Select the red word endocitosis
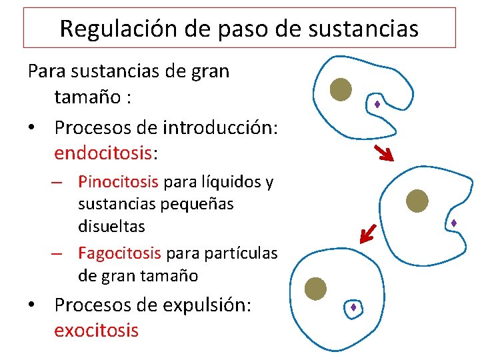(x=103, y=153)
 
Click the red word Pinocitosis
(x=118, y=181)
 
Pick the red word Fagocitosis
(x=119, y=253)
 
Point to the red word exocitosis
(x=96, y=329)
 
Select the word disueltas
(x=111, y=226)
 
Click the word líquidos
(x=225, y=181)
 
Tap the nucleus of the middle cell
(x=417, y=199)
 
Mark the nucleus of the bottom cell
(x=315, y=289)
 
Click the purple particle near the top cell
(x=377, y=104)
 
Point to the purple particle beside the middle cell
(x=453, y=223)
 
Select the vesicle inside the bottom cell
(x=353, y=307)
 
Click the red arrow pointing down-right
(x=383, y=153)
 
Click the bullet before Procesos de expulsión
(x=31, y=305)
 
